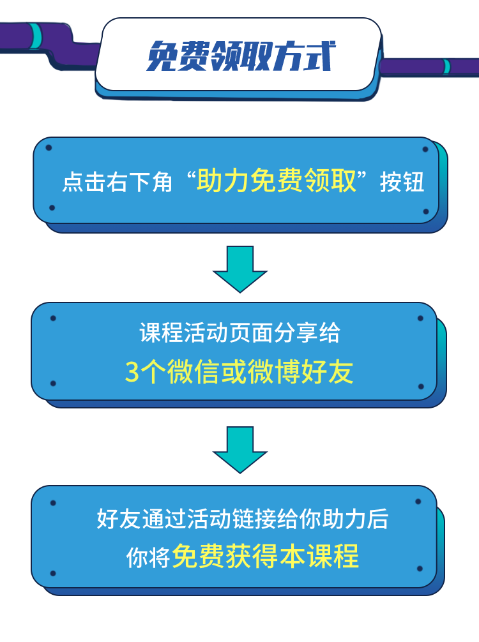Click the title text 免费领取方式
tap(239, 56)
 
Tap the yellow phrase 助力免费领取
tap(276, 181)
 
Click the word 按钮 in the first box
tap(402, 183)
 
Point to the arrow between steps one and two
tap(240, 269)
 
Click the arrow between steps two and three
tap(240, 450)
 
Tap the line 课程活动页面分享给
tap(240, 332)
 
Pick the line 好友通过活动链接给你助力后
tap(243, 519)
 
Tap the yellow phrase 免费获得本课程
tap(266, 556)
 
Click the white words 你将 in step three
tap(148, 557)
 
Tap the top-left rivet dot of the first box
tap(49, 148)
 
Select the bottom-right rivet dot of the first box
tap(425, 211)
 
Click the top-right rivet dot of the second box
tap(420, 318)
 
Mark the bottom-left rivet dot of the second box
tap(53, 384)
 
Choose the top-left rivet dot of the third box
tap(53, 504)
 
